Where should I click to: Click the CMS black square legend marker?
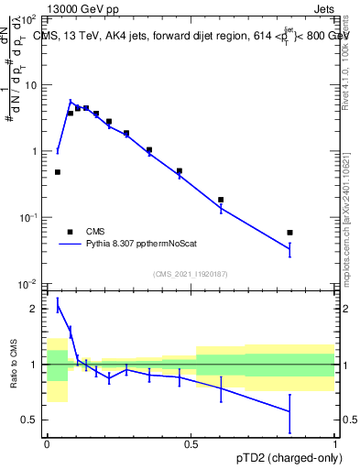coord(70,232)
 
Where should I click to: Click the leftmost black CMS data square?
coord(58,172)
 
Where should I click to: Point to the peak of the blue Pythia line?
coord(71,102)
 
